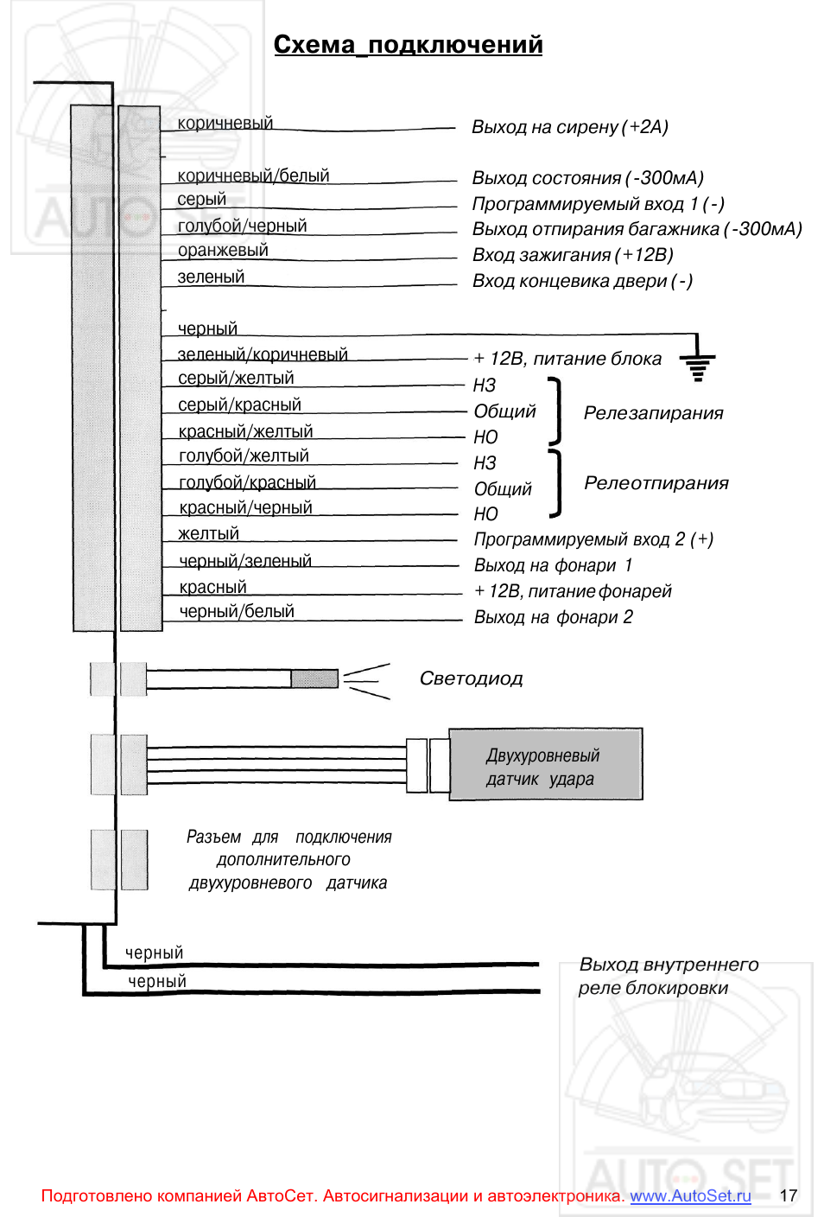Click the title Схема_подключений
point(408,45)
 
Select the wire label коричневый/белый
point(253,175)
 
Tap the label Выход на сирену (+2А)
point(569,127)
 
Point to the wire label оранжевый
point(223,250)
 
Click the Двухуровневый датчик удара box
point(546,764)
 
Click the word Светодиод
point(471,678)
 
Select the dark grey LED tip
point(314,679)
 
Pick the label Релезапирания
point(654,413)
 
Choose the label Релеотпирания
point(656,483)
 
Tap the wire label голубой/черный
point(242,226)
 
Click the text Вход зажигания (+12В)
point(573,255)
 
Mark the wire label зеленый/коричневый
point(263,354)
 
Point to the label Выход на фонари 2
point(553,617)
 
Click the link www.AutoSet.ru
point(690,1195)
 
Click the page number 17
point(789,1195)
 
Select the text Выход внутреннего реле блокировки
point(669,976)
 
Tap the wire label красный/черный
point(245,507)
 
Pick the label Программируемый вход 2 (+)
point(593,539)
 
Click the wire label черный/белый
point(237,611)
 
